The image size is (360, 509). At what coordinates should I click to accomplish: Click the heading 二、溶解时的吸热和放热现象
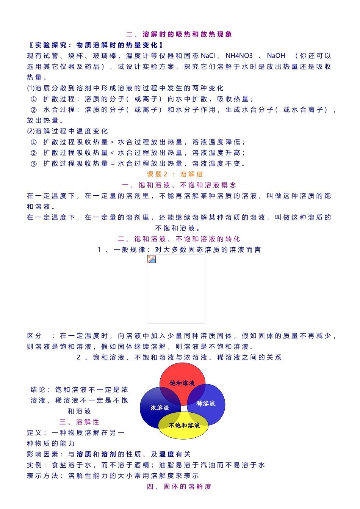(179, 35)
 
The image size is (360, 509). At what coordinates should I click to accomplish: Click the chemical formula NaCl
(208, 56)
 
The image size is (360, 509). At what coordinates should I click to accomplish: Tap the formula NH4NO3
(239, 56)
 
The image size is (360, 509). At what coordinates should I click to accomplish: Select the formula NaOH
(276, 56)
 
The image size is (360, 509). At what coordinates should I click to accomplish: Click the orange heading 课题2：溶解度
(175, 174)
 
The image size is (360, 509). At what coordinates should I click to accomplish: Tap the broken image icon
(152, 259)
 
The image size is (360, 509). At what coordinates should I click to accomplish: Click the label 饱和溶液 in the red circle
(182, 383)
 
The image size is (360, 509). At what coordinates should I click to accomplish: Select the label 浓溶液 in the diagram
(160, 408)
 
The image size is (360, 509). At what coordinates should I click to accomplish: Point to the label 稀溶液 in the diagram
(206, 404)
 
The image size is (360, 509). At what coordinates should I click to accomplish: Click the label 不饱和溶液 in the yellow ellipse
(184, 426)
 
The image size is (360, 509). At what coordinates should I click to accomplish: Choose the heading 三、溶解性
(80, 422)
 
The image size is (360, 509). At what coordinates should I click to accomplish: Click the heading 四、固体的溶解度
(179, 487)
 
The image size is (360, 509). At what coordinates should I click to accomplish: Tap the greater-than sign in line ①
(112, 142)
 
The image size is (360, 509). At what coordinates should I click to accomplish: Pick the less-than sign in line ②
(112, 153)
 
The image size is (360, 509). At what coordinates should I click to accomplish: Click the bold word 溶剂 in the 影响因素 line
(109, 454)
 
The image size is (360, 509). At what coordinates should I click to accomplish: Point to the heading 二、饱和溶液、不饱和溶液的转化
(179, 239)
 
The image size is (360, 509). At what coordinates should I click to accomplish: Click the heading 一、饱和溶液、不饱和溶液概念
(179, 185)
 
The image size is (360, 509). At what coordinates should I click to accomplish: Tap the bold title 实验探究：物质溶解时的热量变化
(96, 45)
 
